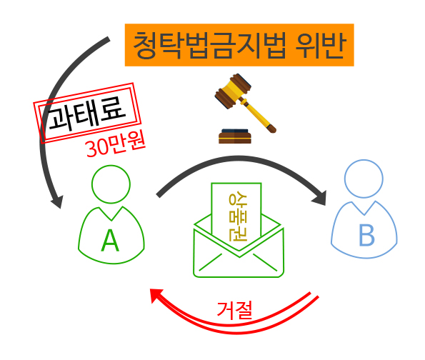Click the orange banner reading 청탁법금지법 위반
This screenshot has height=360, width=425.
239,45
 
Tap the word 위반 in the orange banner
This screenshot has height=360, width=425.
321,45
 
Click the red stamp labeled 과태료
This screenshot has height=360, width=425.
87,113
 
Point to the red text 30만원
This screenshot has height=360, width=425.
115,144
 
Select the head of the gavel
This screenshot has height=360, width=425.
233,91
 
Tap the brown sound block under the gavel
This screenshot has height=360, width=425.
235,136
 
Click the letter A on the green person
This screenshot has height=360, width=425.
110,241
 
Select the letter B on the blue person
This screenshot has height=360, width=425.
366,235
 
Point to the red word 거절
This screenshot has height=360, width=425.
235,310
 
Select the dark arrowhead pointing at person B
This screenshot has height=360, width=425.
319,199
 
